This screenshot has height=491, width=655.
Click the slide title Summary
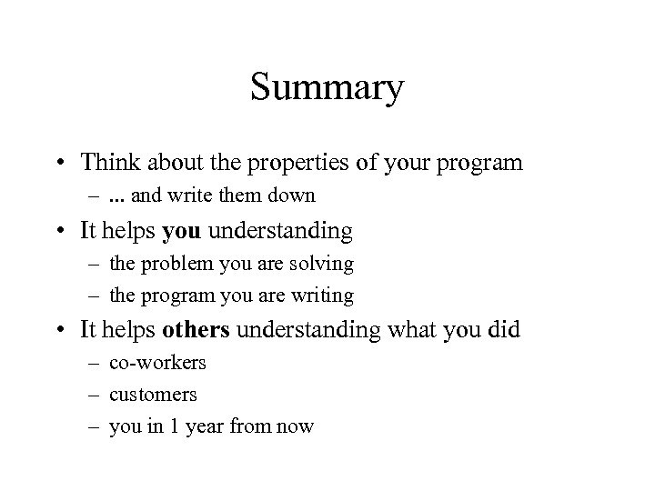(327, 89)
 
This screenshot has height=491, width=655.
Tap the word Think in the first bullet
(106, 163)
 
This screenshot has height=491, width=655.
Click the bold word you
(182, 231)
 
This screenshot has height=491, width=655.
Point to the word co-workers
(157, 362)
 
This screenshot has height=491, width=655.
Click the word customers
(153, 394)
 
